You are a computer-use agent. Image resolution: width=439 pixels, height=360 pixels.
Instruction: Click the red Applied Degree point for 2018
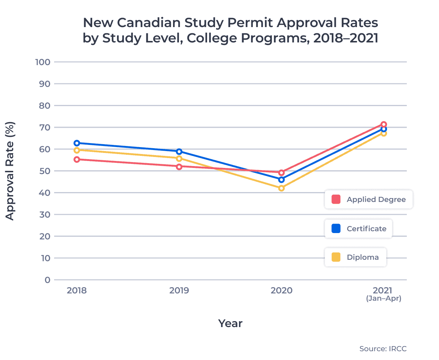76,160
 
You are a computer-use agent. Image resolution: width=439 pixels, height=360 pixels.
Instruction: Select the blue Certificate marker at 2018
76,143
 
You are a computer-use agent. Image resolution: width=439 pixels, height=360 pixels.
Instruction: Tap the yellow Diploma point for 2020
281,188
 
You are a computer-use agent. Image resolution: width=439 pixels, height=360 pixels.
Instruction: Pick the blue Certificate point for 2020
281,180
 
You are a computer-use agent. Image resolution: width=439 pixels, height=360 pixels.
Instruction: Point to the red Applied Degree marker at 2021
384,124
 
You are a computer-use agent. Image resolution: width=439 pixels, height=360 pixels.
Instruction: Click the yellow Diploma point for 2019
179,158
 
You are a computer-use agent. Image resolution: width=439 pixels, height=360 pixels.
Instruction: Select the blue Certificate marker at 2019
179,151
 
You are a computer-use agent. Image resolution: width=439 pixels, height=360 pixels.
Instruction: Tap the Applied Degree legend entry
369,199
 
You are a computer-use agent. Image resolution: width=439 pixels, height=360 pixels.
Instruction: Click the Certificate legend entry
359,229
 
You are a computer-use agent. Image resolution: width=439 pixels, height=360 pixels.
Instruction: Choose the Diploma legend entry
356,257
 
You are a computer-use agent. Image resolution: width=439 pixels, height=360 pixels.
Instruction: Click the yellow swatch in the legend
336,257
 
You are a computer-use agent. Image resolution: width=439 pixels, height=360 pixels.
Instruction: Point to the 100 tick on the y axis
42,62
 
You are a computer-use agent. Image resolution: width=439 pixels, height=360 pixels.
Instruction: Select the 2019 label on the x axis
179,290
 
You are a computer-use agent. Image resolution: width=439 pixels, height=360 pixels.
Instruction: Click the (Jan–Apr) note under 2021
384,299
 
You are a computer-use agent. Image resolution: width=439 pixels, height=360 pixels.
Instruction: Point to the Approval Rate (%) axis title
10,171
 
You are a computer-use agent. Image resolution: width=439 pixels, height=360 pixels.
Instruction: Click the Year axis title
230,323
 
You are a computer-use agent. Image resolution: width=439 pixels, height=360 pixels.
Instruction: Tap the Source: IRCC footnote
383,349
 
